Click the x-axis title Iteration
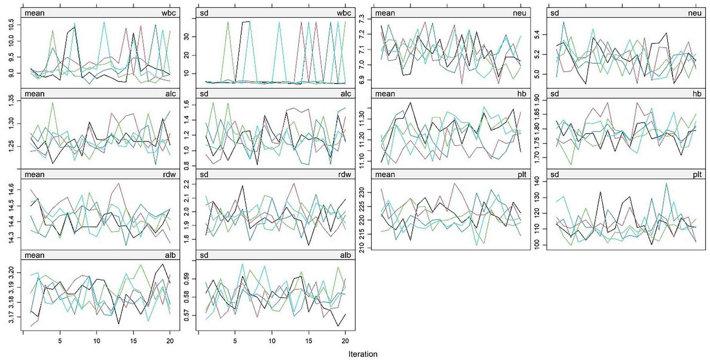point(363,354)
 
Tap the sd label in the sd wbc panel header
point(204,13)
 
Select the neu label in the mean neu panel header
point(519,13)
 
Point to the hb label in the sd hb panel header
point(697,93)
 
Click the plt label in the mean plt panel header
point(522,174)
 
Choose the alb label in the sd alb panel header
point(345,255)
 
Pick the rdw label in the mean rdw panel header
point(169,174)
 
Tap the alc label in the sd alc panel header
point(345,93)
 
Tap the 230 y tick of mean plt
point(362,193)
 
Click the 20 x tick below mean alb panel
point(170,341)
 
